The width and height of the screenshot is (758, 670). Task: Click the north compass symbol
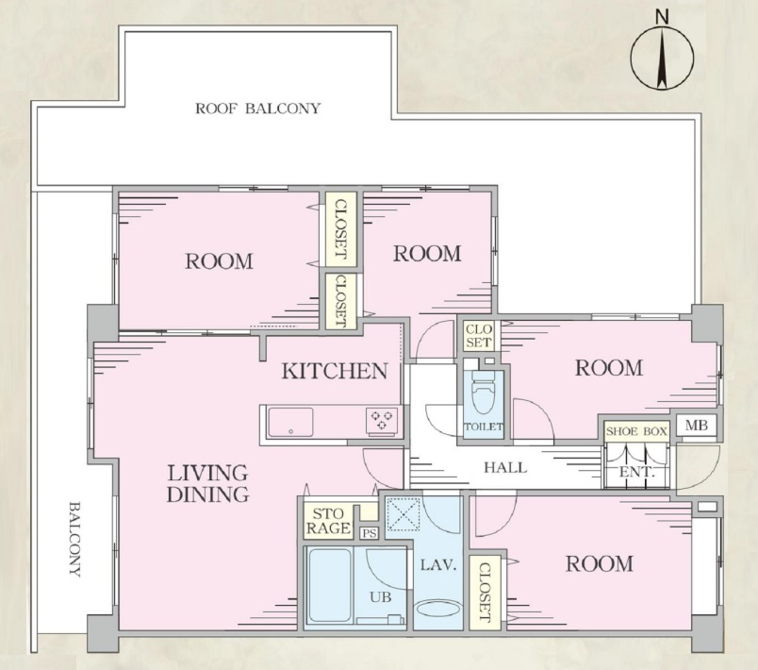click(662, 58)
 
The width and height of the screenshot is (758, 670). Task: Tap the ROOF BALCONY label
click(257, 109)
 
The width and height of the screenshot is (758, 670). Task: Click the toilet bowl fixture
click(484, 391)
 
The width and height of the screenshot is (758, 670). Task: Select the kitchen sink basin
click(290, 423)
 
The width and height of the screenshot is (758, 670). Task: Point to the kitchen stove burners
click(382, 419)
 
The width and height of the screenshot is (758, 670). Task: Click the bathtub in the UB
click(330, 587)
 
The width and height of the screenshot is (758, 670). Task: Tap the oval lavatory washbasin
click(439, 609)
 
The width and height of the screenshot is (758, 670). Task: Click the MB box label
click(697, 426)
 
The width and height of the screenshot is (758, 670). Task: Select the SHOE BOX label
click(636, 431)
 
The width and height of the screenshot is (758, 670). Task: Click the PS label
click(370, 533)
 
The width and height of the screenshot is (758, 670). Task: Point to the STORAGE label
click(328, 521)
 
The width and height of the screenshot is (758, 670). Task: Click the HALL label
click(505, 467)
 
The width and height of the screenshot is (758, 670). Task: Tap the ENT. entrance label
click(636, 472)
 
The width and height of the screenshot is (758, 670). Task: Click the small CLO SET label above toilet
click(479, 336)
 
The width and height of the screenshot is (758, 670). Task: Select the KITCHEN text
click(335, 371)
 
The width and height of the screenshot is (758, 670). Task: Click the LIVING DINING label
click(207, 483)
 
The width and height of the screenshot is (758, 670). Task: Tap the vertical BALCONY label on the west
click(74, 539)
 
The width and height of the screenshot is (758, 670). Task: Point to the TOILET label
click(484, 427)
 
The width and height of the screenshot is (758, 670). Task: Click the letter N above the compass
click(662, 17)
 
